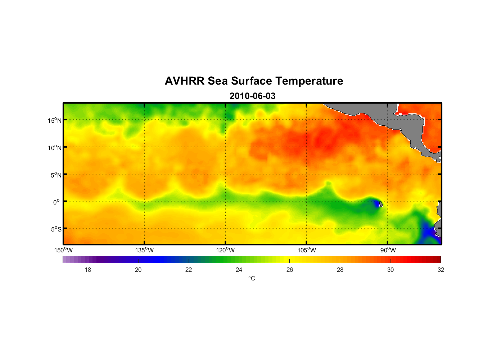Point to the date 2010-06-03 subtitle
point(252,96)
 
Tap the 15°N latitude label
point(55,120)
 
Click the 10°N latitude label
point(55,148)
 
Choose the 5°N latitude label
point(56,175)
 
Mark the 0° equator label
point(57,202)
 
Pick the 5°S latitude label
point(56,229)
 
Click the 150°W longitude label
point(64,250)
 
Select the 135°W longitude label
point(145,250)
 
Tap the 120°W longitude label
point(226,250)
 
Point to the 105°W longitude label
point(307,250)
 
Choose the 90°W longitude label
point(388,250)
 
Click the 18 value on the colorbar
point(88,270)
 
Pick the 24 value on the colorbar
point(239,270)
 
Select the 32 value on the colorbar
point(441,270)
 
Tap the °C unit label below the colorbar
point(252,278)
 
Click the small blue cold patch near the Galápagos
point(376,204)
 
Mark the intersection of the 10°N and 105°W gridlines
point(307,147)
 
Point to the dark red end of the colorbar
point(437,259)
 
